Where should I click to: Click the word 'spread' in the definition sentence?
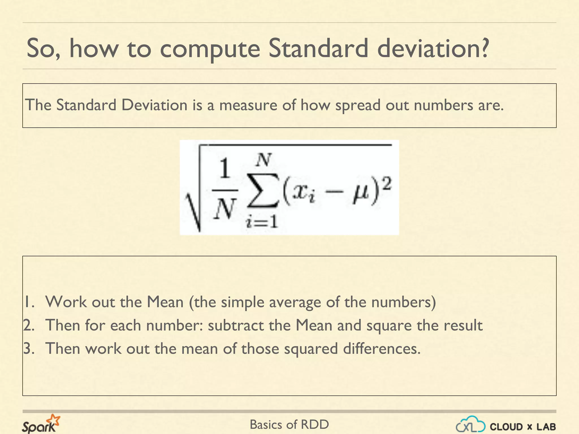pyautogui.click(x=358, y=105)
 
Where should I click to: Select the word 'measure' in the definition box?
pyautogui.click(x=249, y=105)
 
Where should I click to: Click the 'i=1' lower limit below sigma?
pyautogui.click(x=262, y=222)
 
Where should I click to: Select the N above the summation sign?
pyautogui.click(x=263, y=160)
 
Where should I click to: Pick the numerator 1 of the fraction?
pyautogui.click(x=225, y=169)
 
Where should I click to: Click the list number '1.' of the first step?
pyautogui.click(x=29, y=302)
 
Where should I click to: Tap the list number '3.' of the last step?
pyautogui.click(x=29, y=349)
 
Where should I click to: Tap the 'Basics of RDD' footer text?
pyautogui.click(x=289, y=425)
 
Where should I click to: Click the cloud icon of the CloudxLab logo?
pyautogui.click(x=471, y=424)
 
